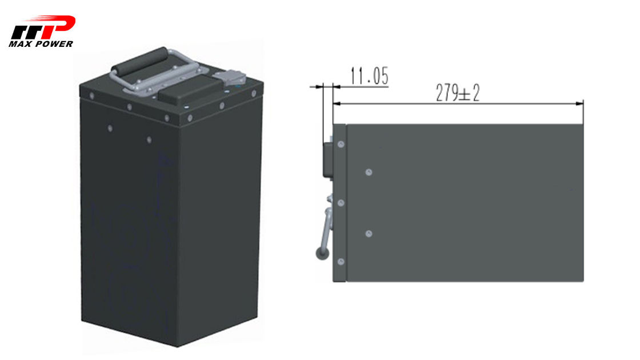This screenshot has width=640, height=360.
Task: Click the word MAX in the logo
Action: point(19,43)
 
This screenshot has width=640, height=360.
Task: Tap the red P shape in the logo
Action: point(61,27)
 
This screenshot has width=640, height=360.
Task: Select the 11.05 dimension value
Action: point(369,76)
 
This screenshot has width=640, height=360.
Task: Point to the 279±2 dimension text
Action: point(458,93)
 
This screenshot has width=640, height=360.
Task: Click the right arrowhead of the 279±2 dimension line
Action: point(579,103)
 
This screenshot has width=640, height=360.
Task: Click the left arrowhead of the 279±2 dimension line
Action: point(337,103)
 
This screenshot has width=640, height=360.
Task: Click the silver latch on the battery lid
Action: point(229,78)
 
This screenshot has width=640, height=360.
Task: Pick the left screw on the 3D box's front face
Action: point(110,129)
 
